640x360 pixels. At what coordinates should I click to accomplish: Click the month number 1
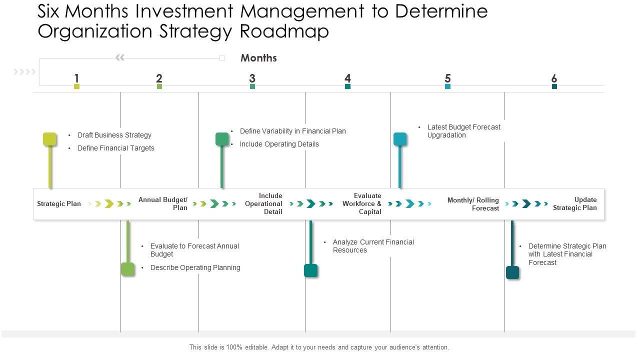pos(76,78)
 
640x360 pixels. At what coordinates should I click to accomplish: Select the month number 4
pos(347,78)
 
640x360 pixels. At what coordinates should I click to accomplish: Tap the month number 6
pos(554,78)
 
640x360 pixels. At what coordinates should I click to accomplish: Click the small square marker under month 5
pos(447,86)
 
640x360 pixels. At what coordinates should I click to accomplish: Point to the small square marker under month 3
pos(252,86)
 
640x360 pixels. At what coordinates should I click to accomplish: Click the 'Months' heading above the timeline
pos(258,58)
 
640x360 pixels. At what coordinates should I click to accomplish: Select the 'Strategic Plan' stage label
pos(59,203)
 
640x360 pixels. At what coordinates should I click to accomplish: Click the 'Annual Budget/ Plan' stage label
pos(163,203)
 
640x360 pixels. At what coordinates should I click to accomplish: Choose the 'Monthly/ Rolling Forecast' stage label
pos(473,204)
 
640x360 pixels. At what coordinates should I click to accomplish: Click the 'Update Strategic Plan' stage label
pos(575,203)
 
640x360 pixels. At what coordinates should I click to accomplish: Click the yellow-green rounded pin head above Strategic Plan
pos(50,139)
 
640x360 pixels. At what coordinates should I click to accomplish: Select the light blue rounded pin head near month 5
pos(400,139)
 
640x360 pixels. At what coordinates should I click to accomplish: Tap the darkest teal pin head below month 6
pos(512,272)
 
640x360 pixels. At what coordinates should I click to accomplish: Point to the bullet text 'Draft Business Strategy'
pos(114,135)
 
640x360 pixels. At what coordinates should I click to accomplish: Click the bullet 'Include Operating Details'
pos(279,144)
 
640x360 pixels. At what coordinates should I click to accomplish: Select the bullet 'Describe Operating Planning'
pos(195,267)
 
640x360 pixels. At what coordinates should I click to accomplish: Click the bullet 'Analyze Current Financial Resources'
pos(373,246)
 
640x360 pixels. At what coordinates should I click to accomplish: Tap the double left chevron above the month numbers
pos(120,58)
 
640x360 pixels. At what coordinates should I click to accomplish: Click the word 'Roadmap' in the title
pos(284,31)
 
